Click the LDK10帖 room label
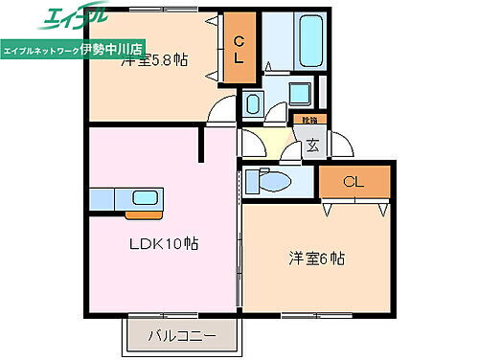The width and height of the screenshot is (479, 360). click(164, 244)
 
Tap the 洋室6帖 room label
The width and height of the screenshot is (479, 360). click(317, 259)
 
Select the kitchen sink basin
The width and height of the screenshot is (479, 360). click(144, 198)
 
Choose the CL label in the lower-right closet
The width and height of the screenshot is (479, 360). click(354, 181)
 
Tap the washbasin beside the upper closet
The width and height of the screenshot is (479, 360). click(253, 103)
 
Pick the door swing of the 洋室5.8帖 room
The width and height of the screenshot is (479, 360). click(221, 108)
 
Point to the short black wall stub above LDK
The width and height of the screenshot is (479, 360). click(202, 145)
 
